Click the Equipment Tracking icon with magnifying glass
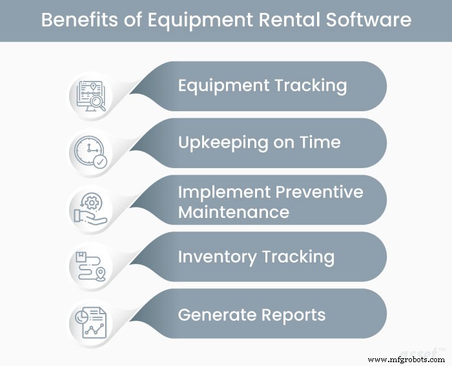[x=91, y=94]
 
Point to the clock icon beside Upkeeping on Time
[x=91, y=151]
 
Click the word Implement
[x=222, y=191]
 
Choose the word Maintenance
[x=233, y=211]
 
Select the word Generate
[x=217, y=315]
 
